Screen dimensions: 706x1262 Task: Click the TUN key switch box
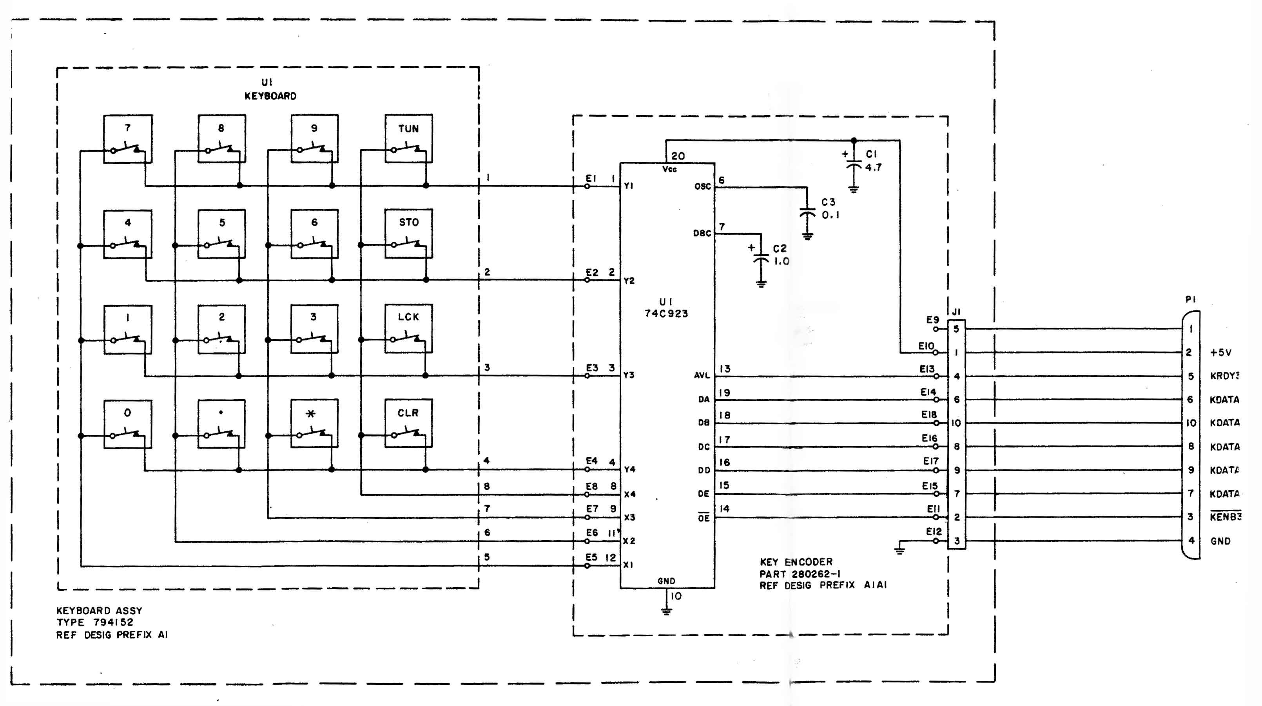point(408,139)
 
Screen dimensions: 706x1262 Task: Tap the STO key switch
point(408,234)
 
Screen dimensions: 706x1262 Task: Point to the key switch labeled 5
point(221,234)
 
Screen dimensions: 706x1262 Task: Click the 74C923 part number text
point(666,314)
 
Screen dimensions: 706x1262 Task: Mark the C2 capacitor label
point(780,249)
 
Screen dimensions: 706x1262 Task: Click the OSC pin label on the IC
point(702,186)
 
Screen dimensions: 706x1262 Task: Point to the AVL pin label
point(702,375)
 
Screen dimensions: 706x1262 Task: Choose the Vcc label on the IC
point(669,169)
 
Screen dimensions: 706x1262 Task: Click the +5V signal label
point(1220,353)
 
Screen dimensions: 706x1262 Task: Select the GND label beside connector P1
point(1220,541)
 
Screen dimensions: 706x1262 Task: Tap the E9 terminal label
point(932,320)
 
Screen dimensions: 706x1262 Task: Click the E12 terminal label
point(934,532)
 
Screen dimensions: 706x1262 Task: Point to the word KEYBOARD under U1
point(270,96)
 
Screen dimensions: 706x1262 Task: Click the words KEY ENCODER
point(796,562)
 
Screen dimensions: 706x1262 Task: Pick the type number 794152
point(113,622)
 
